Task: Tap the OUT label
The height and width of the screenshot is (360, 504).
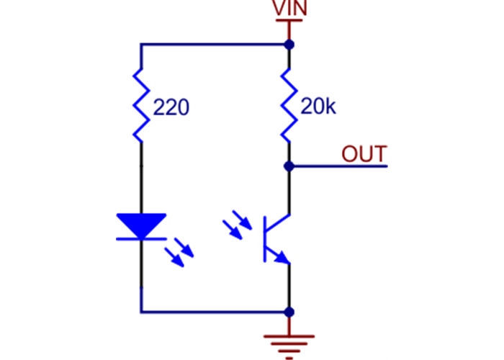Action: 364,154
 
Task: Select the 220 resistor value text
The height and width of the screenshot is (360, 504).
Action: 171,109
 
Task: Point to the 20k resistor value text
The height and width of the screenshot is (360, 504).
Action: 318,108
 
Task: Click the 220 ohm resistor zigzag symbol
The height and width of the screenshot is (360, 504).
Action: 142,104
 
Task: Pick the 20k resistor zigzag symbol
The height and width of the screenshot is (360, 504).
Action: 289,104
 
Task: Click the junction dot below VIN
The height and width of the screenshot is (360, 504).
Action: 289,45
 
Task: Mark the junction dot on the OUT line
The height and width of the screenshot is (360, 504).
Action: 289,166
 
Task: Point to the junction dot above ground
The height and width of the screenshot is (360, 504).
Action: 289,312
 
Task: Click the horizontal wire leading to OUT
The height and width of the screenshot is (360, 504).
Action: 338,166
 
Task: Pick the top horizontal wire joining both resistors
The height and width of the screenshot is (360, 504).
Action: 216,45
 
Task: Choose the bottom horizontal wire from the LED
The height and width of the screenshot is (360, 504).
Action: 216,312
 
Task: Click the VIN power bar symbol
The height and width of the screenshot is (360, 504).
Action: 289,21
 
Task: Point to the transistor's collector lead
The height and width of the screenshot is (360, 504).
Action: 289,194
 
